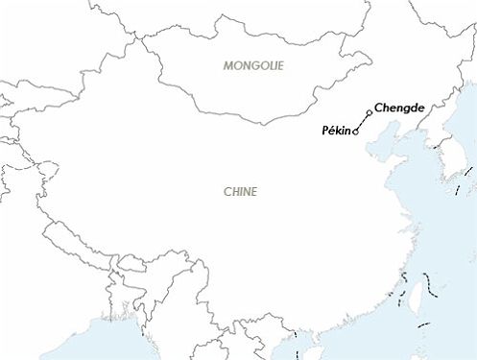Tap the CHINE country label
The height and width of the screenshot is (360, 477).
pos(240,191)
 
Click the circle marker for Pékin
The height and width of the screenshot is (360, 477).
pos(357,132)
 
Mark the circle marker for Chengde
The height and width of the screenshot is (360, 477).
pos(370,113)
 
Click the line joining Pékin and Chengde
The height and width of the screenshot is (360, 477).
pos(363,123)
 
